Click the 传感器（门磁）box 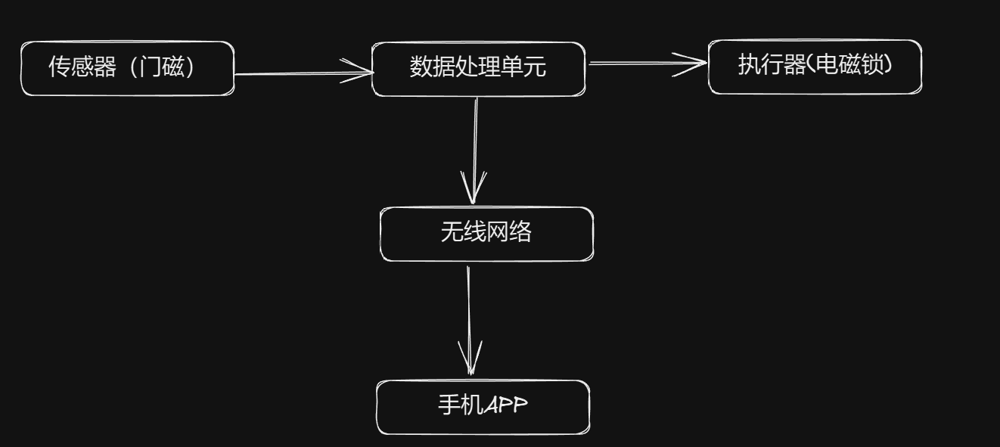pyautogui.click(x=127, y=69)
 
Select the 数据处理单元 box pyautogui.click(x=478, y=69)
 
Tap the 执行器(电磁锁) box pyautogui.click(x=815, y=67)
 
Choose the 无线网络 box pyautogui.click(x=486, y=234)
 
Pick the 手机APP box pyautogui.click(x=483, y=407)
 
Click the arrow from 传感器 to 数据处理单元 pyautogui.click(x=303, y=74)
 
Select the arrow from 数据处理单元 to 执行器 pyautogui.click(x=647, y=64)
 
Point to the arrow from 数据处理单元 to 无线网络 pyautogui.click(x=475, y=151)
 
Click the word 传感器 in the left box pyautogui.click(x=82, y=69)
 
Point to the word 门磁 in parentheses pyautogui.click(x=167, y=69)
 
